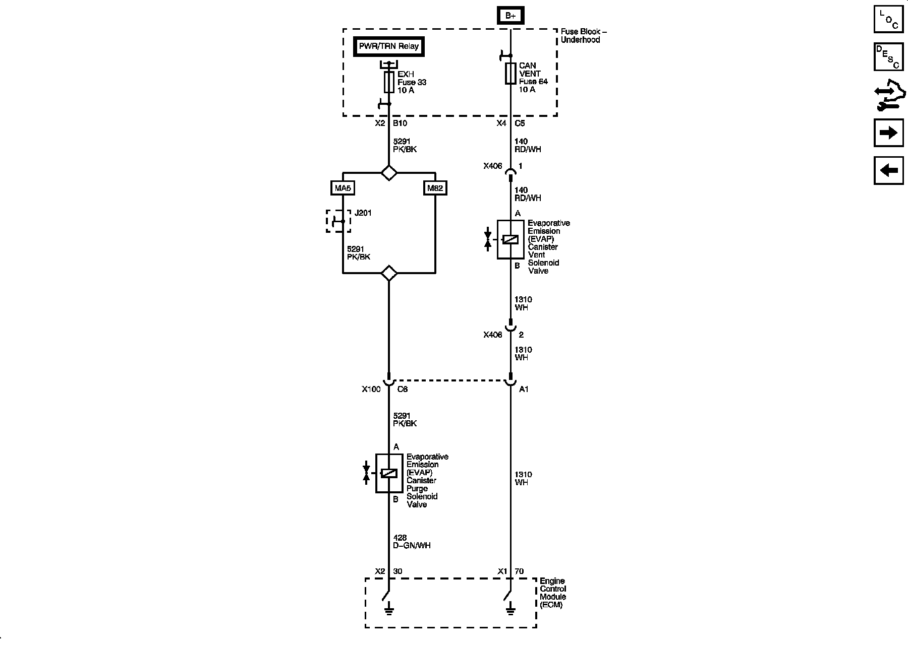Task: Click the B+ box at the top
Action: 510,16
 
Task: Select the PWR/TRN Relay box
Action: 388,46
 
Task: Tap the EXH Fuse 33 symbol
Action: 389,82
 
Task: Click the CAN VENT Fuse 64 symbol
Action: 510,74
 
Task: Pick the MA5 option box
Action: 343,188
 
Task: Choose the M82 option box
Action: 435,188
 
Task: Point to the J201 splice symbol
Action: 338,221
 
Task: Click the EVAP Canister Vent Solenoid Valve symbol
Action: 510,240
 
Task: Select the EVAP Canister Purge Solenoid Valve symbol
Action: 389,473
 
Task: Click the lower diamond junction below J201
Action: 389,273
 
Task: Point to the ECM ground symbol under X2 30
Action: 389,611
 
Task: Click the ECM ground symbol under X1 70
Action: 510,611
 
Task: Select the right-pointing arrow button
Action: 888,133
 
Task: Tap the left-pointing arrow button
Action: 888,170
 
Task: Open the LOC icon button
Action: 888,19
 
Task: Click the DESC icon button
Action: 888,56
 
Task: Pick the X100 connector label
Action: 371,389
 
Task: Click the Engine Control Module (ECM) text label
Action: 553,593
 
